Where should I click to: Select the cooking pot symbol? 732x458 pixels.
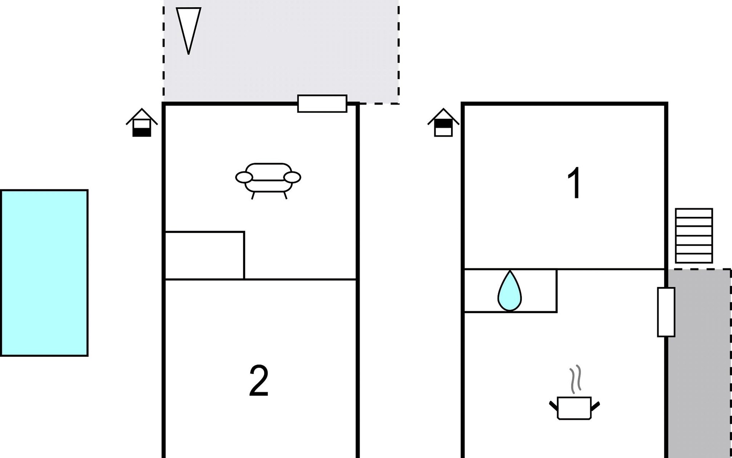(574, 408)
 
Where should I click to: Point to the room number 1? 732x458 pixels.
(574, 183)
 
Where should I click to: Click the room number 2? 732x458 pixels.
(259, 381)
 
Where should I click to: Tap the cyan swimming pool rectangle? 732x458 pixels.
(44, 273)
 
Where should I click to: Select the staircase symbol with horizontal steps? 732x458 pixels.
(693, 235)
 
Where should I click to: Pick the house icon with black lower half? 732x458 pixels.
(142, 123)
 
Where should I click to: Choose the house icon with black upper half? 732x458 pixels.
(443, 123)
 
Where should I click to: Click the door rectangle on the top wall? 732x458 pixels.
(322, 103)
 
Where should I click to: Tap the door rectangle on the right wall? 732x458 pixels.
(666, 312)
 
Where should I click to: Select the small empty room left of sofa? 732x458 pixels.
(204, 255)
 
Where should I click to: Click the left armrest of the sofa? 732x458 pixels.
(244, 177)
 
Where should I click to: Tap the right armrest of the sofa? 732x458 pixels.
(292, 177)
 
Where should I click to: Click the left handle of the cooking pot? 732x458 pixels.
(553, 405)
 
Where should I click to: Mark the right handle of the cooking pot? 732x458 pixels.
(595, 405)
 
